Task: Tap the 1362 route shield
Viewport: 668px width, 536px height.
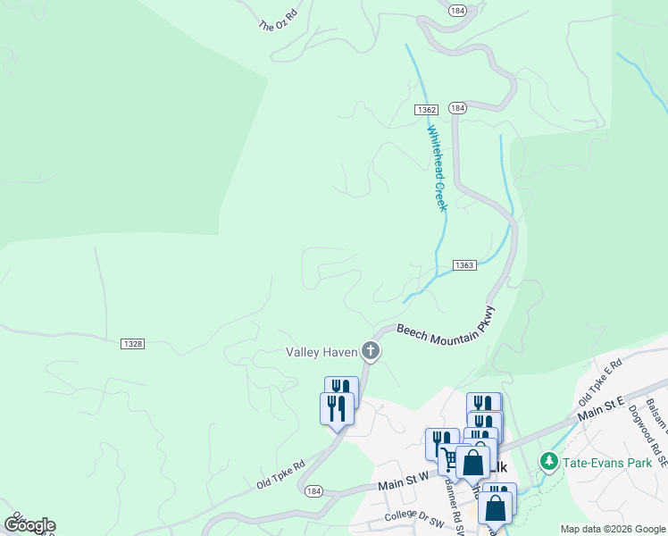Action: [x=426, y=109]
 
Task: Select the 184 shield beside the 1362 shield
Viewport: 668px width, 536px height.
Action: [x=457, y=108]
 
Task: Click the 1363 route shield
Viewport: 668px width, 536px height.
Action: [x=463, y=265]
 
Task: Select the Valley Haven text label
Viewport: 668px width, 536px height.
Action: [x=321, y=352]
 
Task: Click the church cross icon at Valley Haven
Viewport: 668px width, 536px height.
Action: [x=371, y=352]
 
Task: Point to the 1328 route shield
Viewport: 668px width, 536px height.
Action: [x=131, y=343]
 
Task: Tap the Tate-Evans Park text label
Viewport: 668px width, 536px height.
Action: [x=601, y=462]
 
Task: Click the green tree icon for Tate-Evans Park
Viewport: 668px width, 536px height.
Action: [x=548, y=462]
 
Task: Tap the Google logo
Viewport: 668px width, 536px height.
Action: [x=29, y=525]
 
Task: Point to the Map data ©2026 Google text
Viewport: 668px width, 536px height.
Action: [x=612, y=529]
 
